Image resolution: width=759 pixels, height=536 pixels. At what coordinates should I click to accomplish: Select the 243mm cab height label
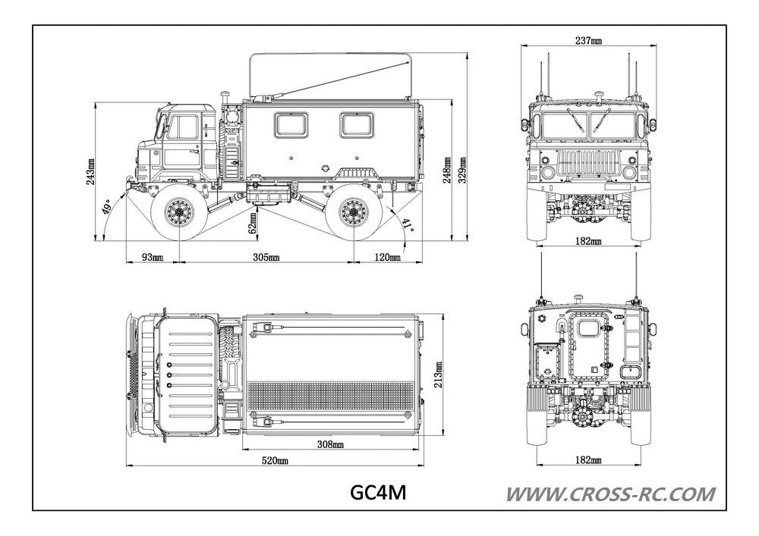click(x=91, y=172)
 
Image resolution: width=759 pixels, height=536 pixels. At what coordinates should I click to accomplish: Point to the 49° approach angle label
click(x=109, y=208)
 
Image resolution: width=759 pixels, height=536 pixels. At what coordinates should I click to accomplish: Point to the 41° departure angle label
click(x=408, y=225)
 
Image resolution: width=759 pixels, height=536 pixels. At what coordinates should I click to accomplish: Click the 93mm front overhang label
click(x=152, y=258)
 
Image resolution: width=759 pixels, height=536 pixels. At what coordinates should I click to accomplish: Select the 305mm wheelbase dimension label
click(x=265, y=258)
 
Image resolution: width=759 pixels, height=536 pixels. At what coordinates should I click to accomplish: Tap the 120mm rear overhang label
click(x=387, y=258)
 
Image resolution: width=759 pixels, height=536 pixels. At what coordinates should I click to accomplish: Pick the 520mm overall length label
click(x=274, y=460)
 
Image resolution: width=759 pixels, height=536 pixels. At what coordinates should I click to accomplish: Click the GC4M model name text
click(x=377, y=494)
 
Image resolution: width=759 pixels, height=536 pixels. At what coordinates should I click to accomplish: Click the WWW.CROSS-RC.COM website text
click(x=610, y=495)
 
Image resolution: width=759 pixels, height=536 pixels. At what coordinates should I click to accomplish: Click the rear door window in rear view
click(x=586, y=328)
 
